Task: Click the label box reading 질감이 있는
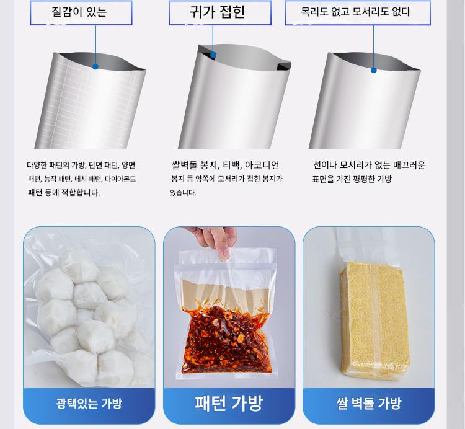point(81,13)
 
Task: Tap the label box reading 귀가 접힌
point(220,13)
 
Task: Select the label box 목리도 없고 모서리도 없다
point(357,13)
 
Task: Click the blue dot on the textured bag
point(95,67)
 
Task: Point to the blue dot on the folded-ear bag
point(213,55)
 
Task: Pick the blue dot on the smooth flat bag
point(374,70)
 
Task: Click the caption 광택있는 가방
point(89,404)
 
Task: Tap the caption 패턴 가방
point(229,403)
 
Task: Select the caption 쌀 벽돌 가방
point(369,404)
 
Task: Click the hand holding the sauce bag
point(213,240)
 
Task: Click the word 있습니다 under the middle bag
point(183,193)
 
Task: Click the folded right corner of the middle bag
point(284,66)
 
